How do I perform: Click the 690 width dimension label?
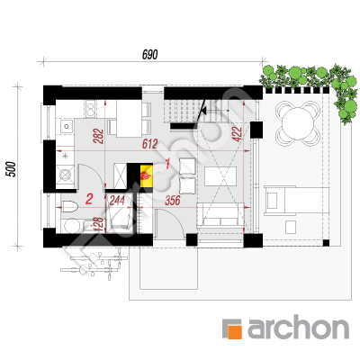(149, 55)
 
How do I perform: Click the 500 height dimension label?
(11, 169)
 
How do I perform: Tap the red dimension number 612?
(149, 144)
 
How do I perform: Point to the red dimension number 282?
(99, 136)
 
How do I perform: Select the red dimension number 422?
(237, 134)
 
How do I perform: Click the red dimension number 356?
(173, 201)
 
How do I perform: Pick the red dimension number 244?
(117, 200)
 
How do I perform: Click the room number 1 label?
(167, 164)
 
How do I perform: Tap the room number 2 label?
(89, 199)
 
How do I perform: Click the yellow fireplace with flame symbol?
(146, 175)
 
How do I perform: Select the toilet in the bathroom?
(69, 205)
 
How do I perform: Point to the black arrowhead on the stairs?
(203, 111)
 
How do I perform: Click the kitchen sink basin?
(67, 126)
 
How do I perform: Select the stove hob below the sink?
(65, 175)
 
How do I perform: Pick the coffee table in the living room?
(220, 176)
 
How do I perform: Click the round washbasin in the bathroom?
(71, 226)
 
